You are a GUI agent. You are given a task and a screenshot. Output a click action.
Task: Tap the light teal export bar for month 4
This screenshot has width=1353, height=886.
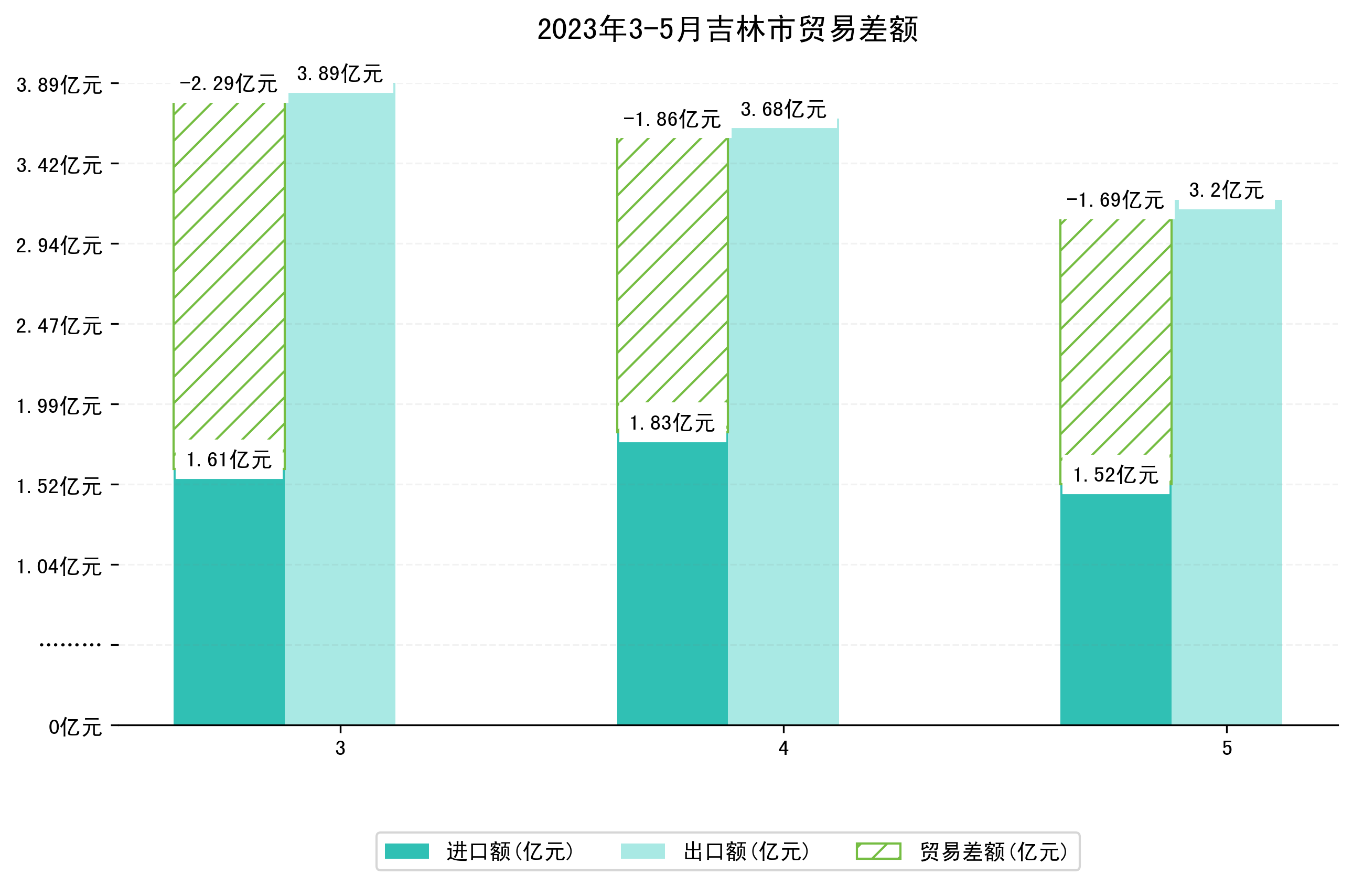point(783,426)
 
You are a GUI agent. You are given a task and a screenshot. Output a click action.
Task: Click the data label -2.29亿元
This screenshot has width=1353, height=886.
point(229,84)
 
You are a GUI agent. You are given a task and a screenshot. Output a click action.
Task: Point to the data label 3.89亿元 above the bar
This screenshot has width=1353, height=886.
point(340,74)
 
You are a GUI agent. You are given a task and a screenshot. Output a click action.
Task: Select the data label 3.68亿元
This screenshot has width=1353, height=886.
point(783,109)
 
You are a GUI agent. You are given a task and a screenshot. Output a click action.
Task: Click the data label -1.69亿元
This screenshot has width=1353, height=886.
point(1115,200)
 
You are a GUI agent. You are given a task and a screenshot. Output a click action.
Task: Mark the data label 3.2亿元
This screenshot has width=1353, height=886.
point(1226,190)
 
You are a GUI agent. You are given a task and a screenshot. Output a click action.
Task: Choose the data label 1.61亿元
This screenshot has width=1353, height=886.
point(229,460)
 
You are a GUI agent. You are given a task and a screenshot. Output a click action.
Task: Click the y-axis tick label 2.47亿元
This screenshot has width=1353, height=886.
point(59,326)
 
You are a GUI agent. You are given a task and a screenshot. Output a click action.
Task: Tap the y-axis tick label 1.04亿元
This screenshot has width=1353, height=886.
point(59,567)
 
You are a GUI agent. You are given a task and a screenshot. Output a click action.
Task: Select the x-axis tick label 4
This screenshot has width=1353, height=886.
point(783,749)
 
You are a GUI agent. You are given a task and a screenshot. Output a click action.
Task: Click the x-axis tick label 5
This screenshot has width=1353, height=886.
point(1227,749)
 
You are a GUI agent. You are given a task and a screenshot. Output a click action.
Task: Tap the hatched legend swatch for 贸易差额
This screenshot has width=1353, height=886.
point(878,851)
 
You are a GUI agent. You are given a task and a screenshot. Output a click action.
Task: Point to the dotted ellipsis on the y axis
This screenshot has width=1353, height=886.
point(70,645)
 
